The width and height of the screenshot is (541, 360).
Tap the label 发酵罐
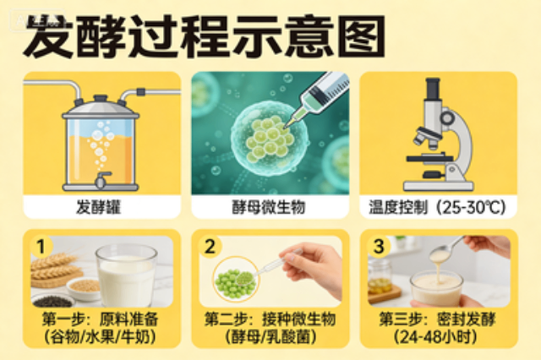[x=101, y=205]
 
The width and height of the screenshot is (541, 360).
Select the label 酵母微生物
[x=270, y=205]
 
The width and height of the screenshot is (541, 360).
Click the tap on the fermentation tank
[x=102, y=180]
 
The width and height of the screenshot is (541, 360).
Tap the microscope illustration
[x=435, y=135]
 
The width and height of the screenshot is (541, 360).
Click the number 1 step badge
[x=38, y=246]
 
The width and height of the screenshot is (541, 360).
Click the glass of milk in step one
[x=127, y=275]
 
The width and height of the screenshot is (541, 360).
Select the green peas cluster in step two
[x=233, y=282]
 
